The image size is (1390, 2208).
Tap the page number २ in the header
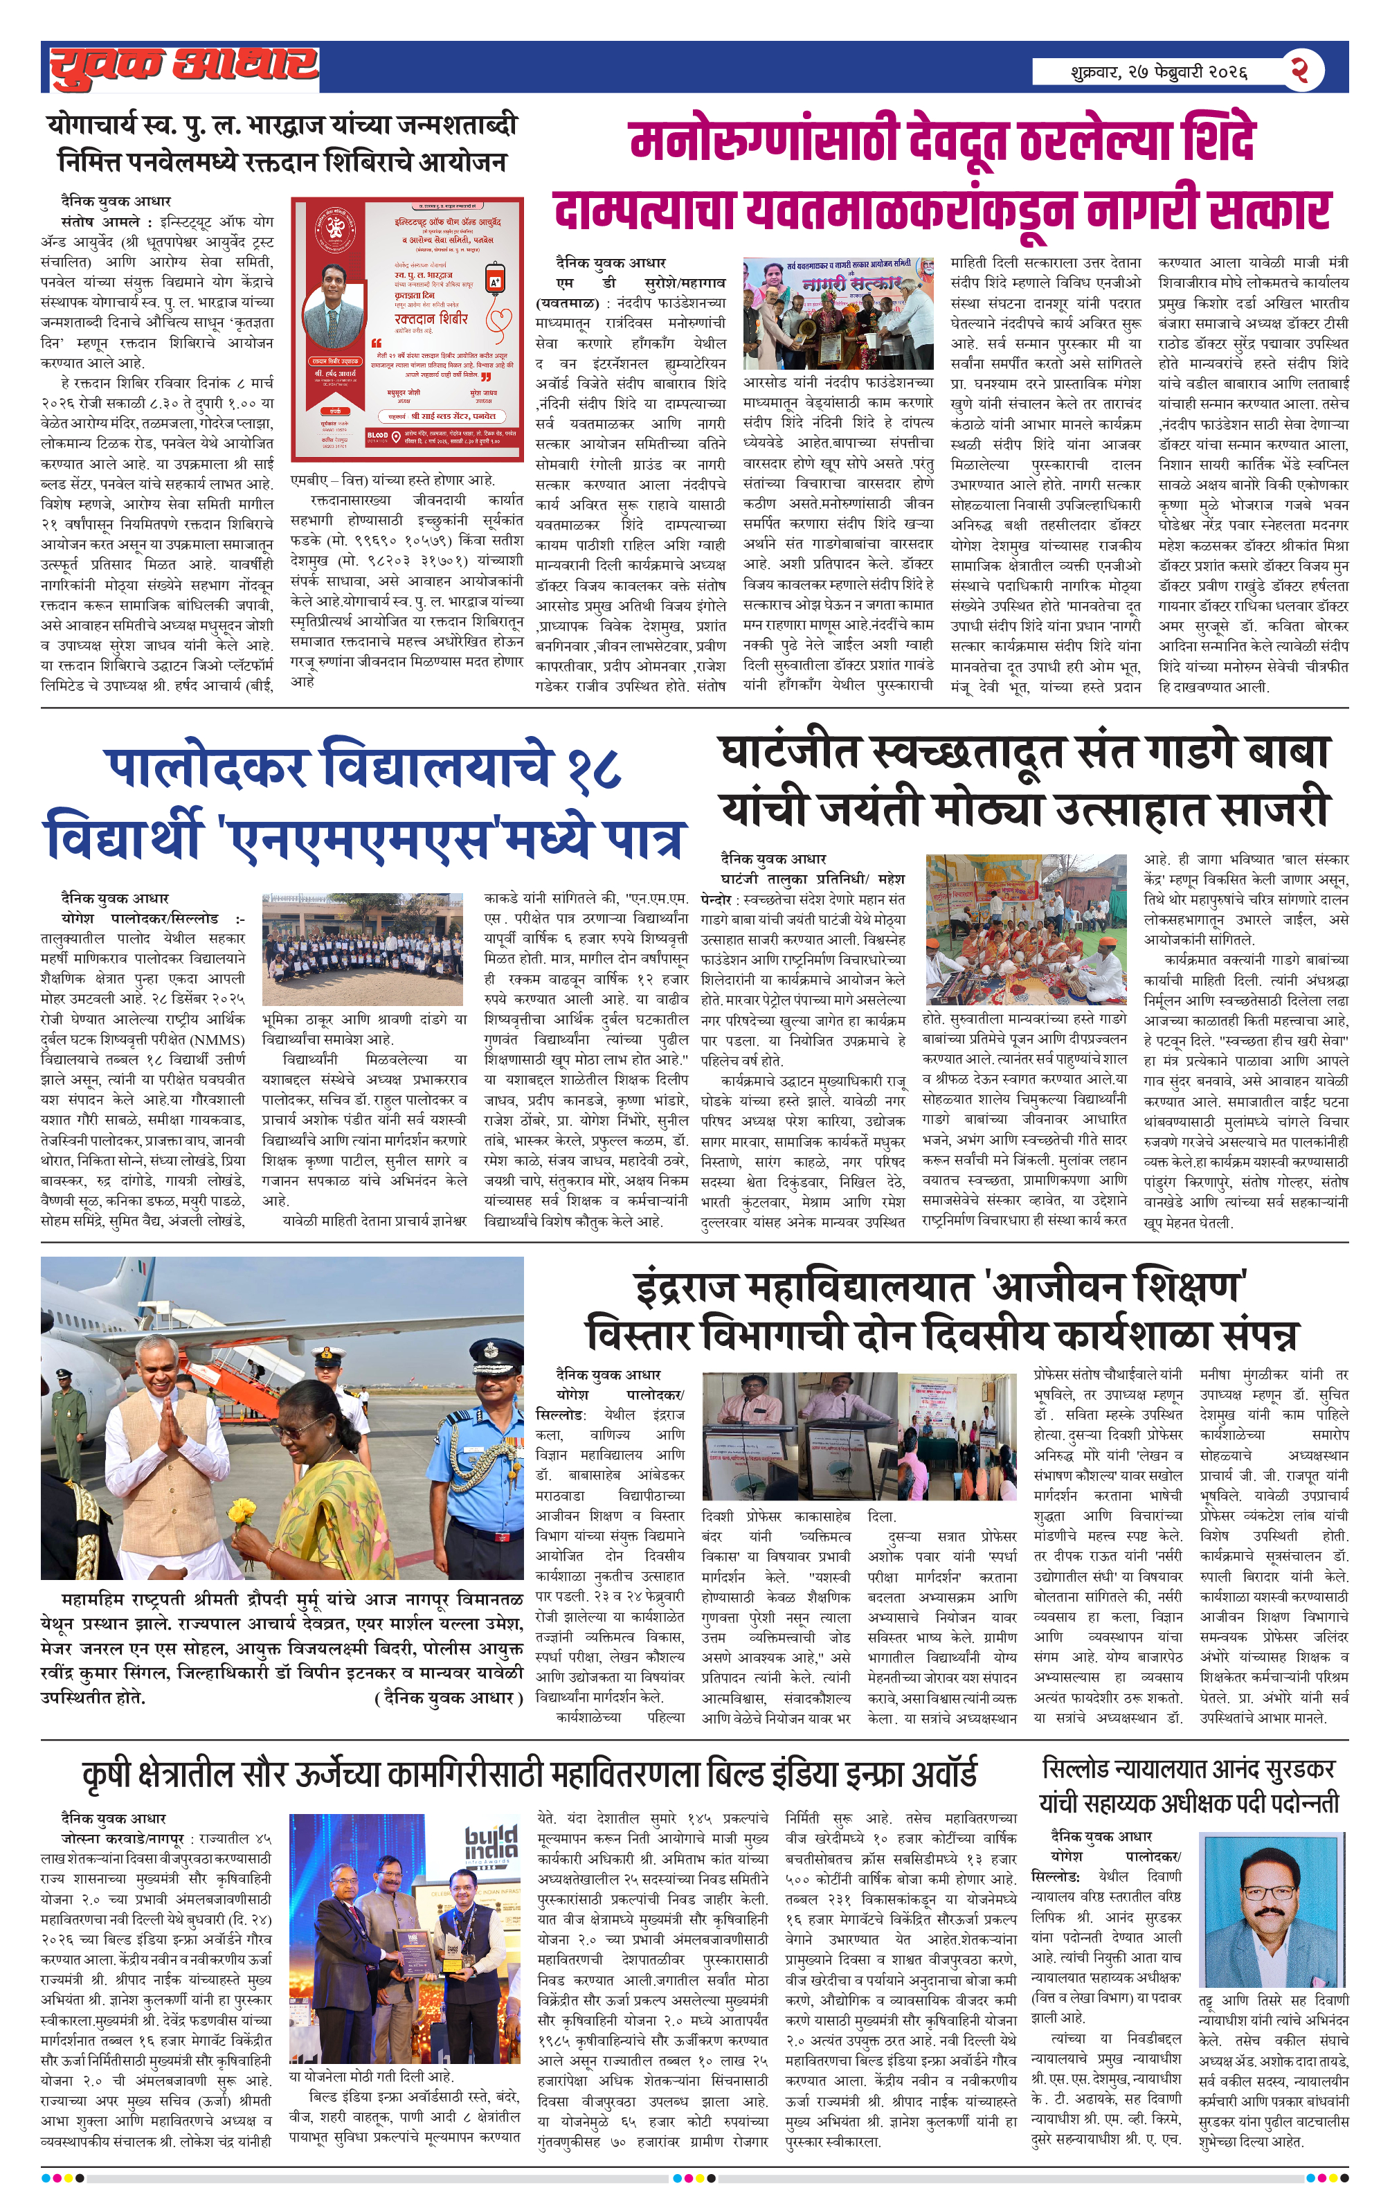click(1299, 70)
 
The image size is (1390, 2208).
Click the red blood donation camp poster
click(407, 327)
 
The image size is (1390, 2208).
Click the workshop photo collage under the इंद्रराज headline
click(859, 1436)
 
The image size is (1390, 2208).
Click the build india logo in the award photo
click(491, 1844)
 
